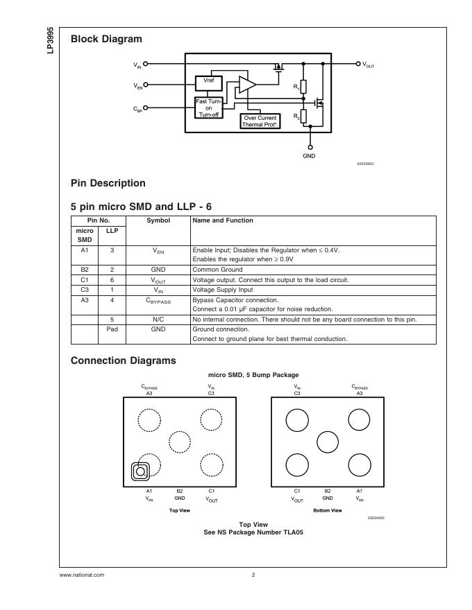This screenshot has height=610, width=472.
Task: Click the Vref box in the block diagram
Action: coord(208,82)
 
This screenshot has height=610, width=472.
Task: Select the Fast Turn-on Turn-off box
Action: coord(208,107)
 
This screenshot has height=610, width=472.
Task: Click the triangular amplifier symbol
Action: coord(246,85)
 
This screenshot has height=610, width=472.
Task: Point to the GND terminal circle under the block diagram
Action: coord(310,147)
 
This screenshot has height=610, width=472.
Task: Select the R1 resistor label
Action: coord(296,87)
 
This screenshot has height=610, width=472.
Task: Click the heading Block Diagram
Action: coord(106,40)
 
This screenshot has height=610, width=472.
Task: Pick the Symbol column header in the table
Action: coord(158,220)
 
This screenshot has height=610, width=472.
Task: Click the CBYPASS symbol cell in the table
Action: coord(158,301)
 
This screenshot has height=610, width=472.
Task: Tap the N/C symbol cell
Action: coord(158,320)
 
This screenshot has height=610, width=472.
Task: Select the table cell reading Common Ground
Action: coord(217,270)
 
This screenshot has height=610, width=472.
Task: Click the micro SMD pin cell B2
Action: coord(85,270)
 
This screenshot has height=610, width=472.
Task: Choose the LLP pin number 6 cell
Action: coord(112,280)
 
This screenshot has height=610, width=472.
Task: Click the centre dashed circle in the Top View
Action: coord(179,442)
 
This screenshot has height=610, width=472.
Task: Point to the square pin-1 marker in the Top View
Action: coord(140,471)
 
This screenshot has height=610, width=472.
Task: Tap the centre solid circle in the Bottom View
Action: coord(328,442)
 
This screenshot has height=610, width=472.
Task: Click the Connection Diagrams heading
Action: coord(124,360)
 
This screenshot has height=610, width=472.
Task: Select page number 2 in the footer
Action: coord(253,575)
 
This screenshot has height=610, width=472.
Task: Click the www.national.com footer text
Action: coord(82,575)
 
